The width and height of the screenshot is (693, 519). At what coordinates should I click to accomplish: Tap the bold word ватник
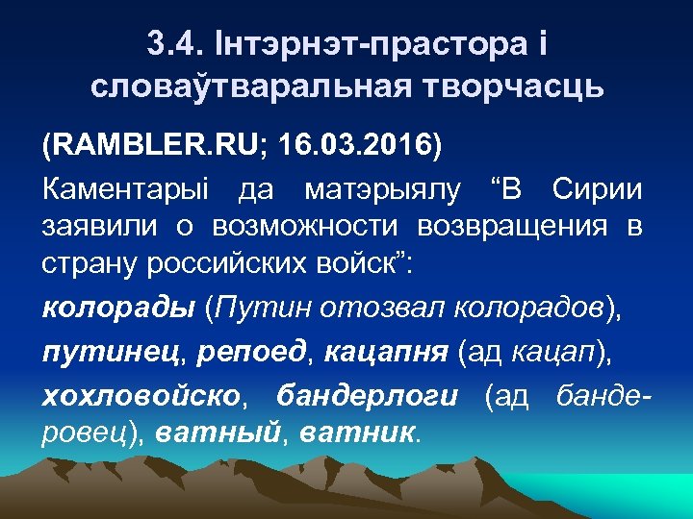click(358, 434)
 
